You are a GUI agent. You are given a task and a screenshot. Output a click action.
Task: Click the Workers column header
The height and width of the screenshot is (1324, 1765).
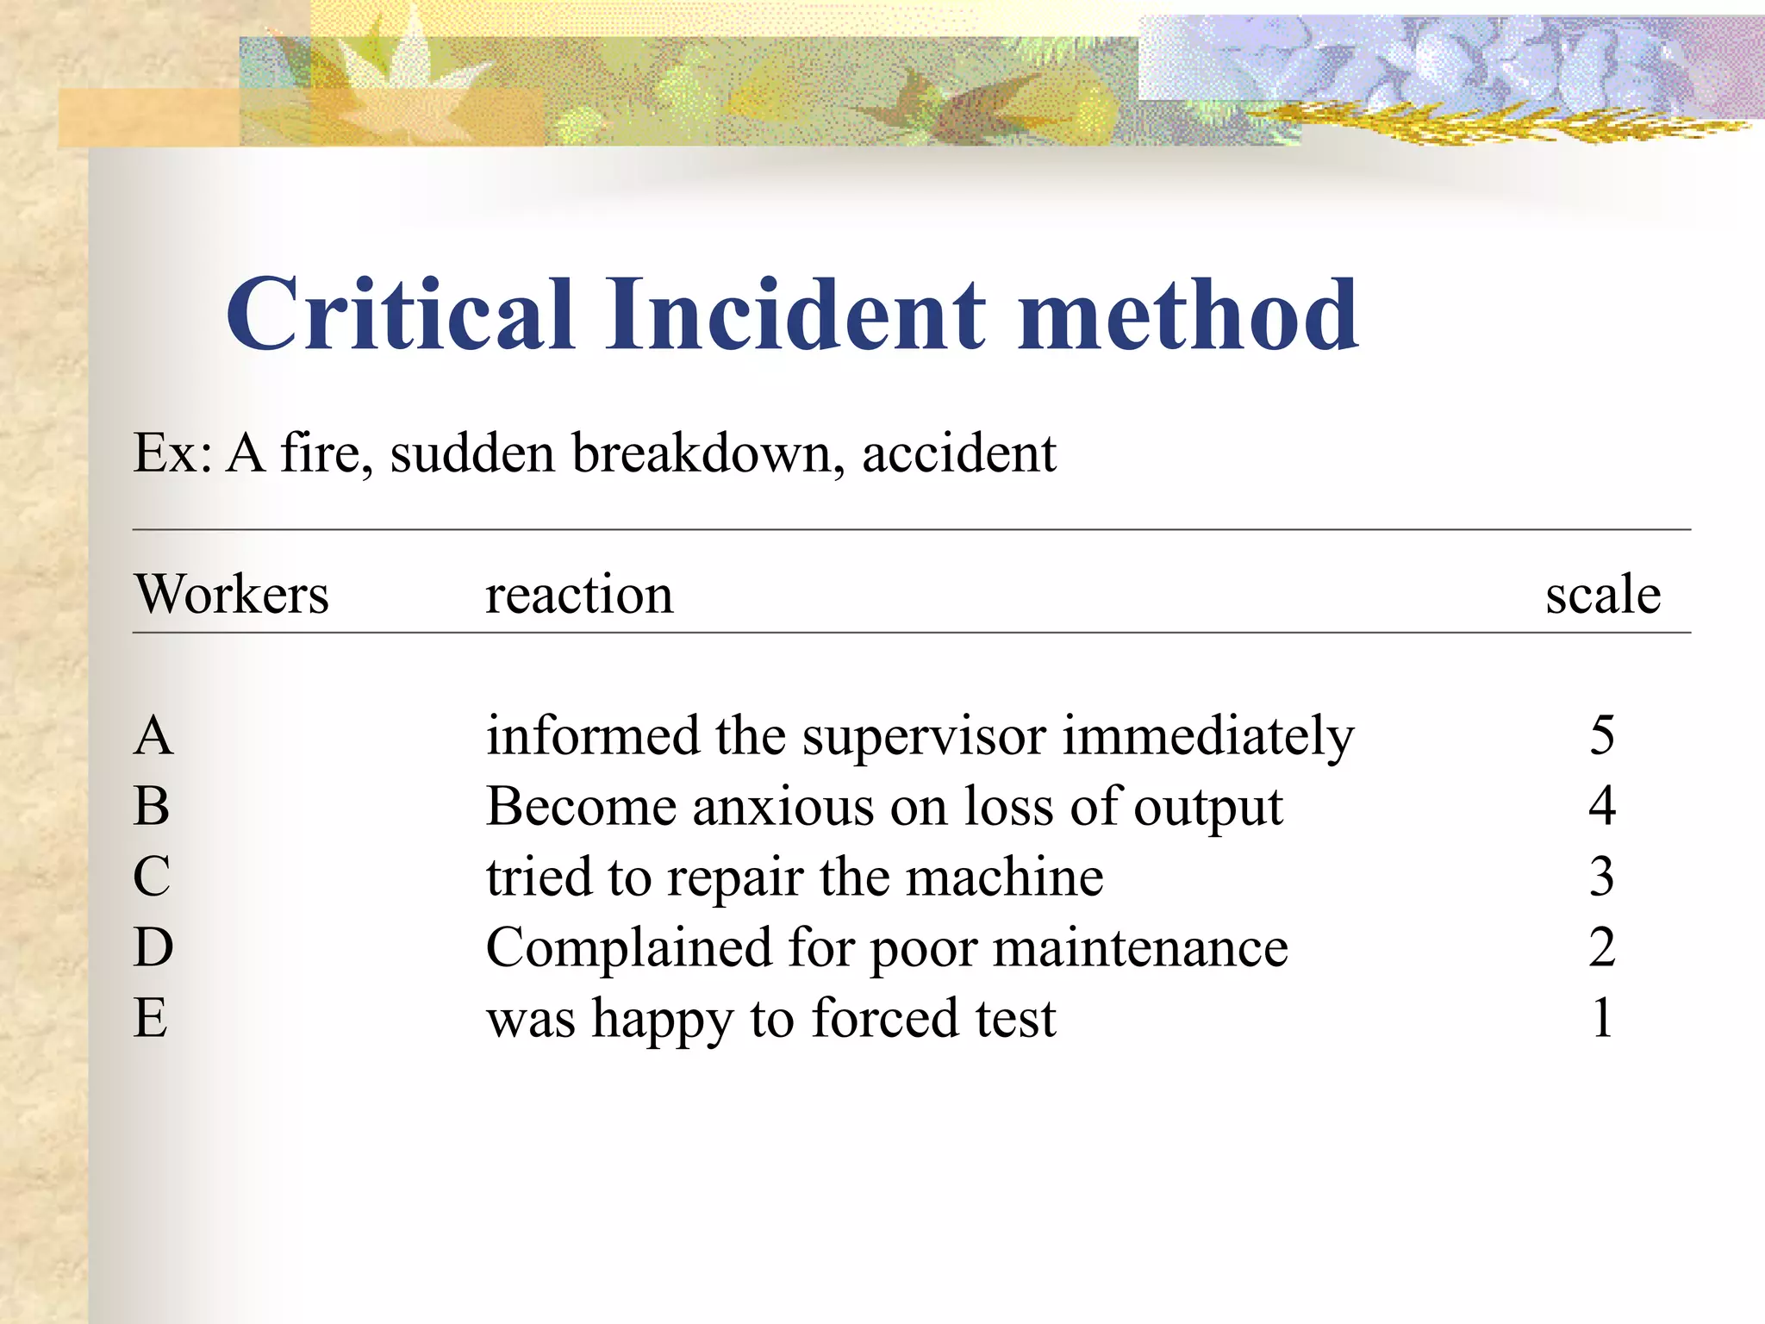pyautogui.click(x=231, y=595)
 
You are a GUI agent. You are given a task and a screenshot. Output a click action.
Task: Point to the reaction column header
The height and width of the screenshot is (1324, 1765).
pyautogui.click(x=579, y=595)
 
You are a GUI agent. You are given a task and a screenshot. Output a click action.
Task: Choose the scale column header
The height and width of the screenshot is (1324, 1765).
pyautogui.click(x=1603, y=595)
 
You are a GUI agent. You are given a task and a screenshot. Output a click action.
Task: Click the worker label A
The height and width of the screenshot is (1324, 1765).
pyautogui.click(x=153, y=736)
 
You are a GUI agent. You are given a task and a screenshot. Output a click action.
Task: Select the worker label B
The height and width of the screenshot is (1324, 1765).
pyautogui.click(x=152, y=807)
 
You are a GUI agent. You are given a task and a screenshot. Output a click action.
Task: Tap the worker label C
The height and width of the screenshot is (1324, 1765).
pyautogui.click(x=152, y=877)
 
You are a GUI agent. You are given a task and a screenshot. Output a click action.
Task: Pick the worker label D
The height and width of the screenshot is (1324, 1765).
pyautogui.click(x=153, y=948)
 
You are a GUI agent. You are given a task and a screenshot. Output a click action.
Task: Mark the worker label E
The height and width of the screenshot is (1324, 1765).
pyautogui.click(x=151, y=1019)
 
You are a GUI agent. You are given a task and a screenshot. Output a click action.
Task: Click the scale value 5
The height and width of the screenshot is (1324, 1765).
pyautogui.click(x=1602, y=736)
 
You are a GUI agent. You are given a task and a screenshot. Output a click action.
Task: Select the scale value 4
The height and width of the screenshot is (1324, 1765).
pyautogui.click(x=1602, y=807)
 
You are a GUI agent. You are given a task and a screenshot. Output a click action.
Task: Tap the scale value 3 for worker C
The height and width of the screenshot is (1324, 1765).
pyautogui.click(x=1602, y=877)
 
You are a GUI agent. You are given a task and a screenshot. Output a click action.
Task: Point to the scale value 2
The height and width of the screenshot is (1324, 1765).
pyautogui.click(x=1602, y=948)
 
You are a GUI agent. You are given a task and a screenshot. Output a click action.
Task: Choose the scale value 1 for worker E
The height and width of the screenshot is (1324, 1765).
pyautogui.click(x=1602, y=1019)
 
